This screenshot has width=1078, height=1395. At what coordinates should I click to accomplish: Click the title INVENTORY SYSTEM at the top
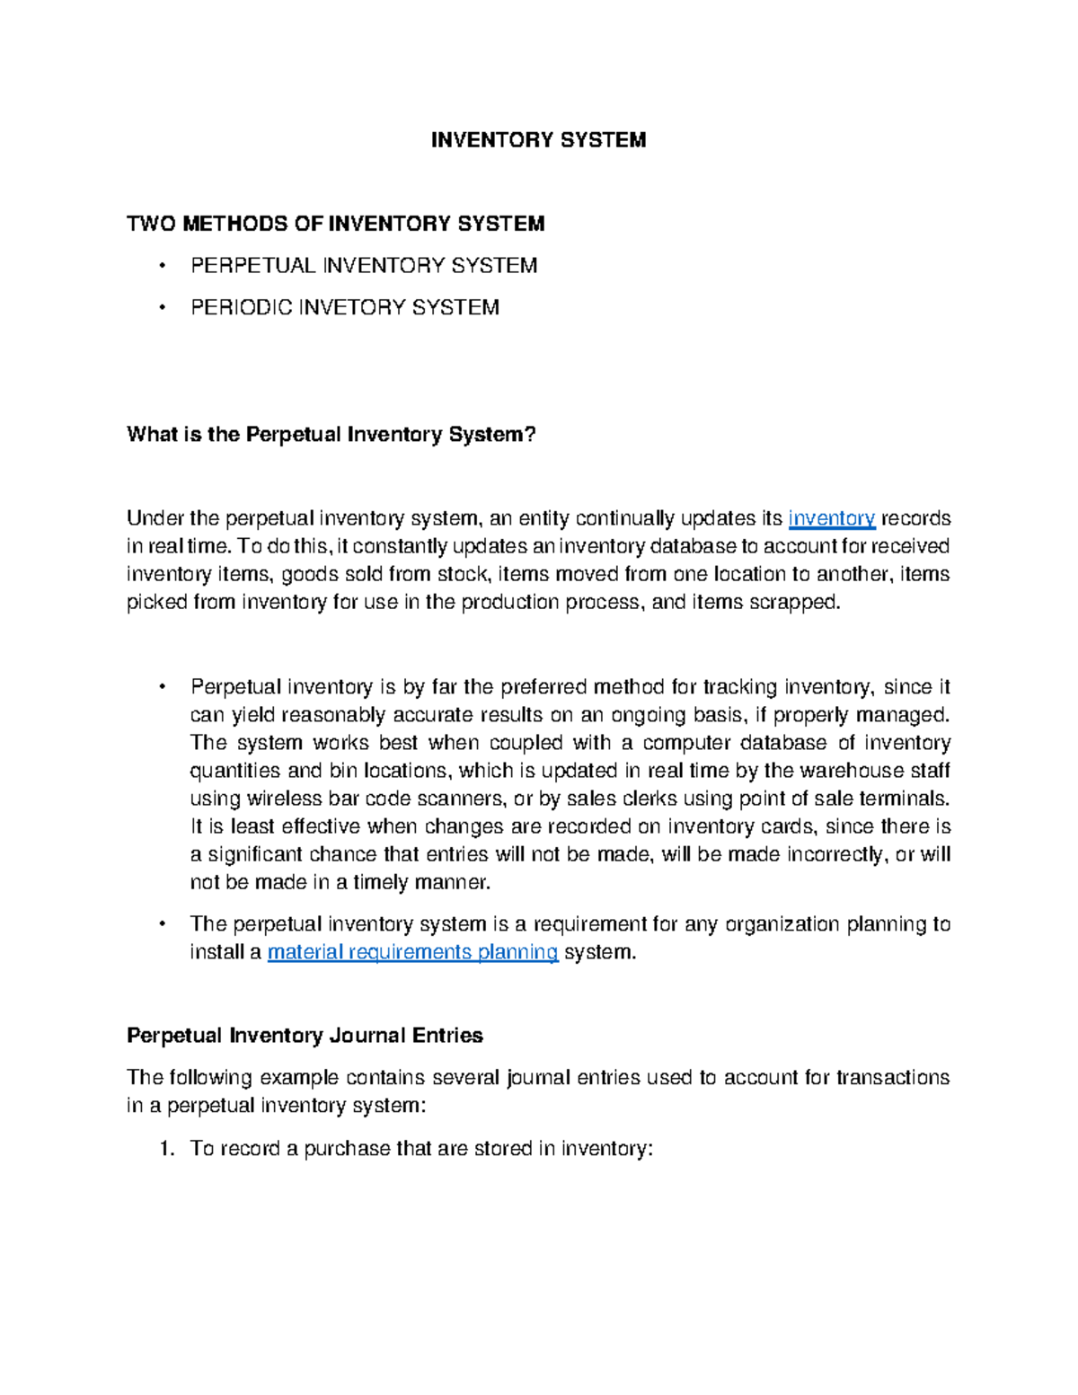[538, 140]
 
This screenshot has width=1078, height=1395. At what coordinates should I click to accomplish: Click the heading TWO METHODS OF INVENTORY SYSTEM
[335, 224]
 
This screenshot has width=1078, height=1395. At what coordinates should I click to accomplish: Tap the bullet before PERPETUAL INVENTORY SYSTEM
[161, 266]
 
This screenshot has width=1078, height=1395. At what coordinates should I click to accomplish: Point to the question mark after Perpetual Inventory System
[530, 435]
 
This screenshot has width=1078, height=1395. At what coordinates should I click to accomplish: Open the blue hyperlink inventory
[831, 518]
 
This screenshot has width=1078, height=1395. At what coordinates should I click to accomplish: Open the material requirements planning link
[412, 952]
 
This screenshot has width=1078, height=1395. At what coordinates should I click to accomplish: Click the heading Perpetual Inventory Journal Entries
[305, 1036]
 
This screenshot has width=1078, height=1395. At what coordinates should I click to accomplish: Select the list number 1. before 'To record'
[165, 1149]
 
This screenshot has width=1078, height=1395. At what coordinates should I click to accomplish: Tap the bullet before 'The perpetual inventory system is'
[161, 924]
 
